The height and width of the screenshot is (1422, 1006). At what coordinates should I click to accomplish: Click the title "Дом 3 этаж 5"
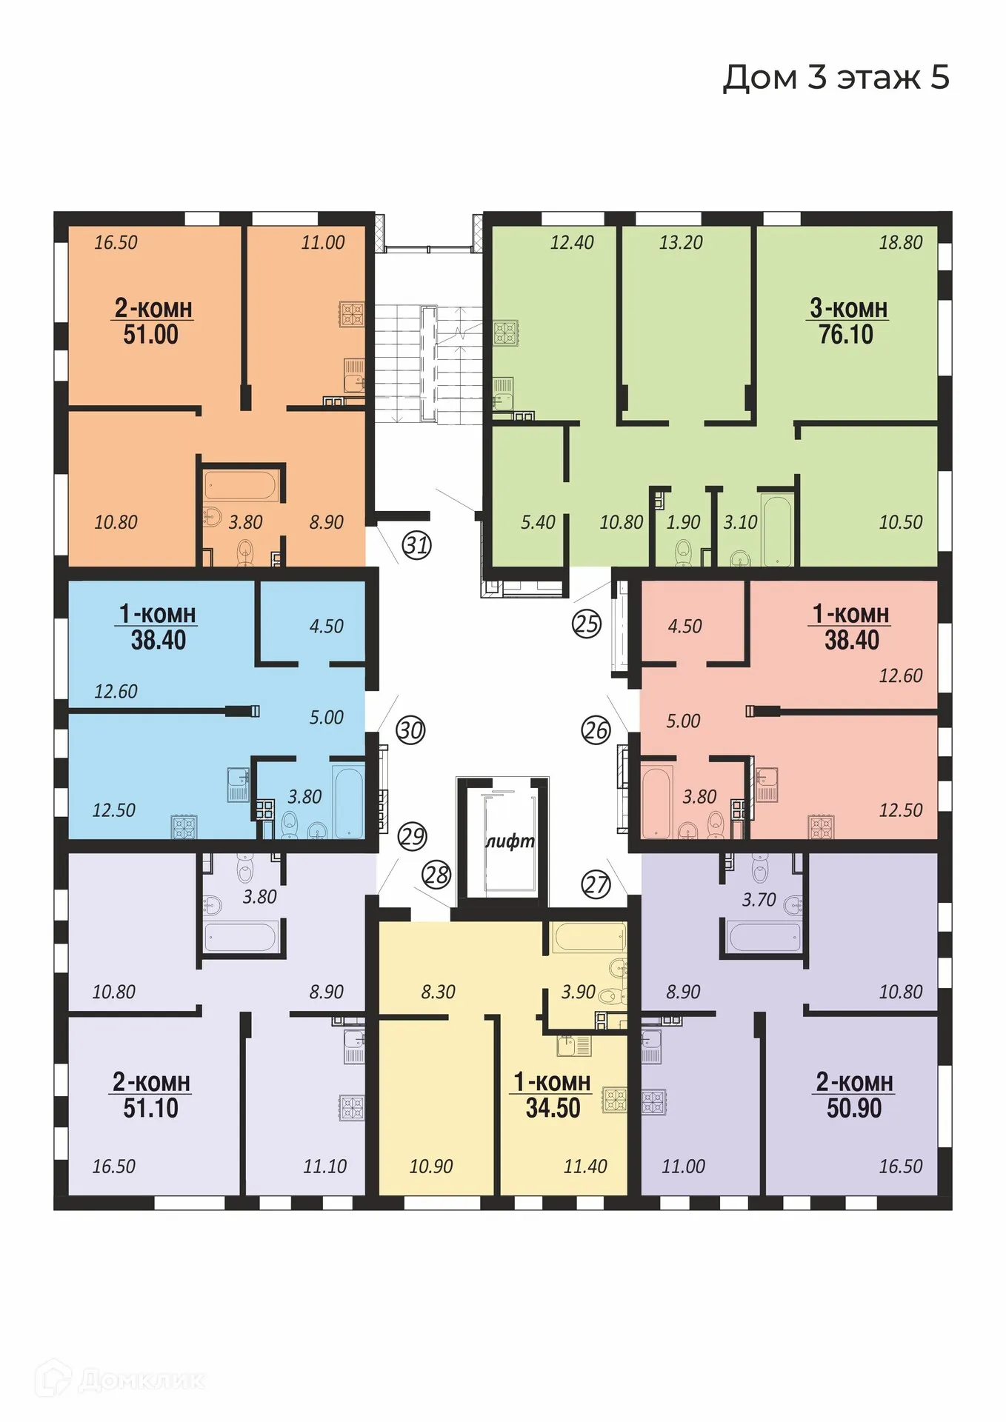[x=836, y=77]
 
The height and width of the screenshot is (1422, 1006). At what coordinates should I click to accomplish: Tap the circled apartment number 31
[x=416, y=545]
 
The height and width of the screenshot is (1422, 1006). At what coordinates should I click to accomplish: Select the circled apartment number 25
[x=587, y=624]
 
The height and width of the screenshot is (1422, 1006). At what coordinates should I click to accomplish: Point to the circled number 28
[x=436, y=875]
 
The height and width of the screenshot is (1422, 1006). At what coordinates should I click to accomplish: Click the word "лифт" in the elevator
[x=510, y=841]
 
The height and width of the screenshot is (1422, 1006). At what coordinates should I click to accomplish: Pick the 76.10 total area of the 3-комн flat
[x=846, y=335]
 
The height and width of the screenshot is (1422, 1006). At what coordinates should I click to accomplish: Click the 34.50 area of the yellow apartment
[x=553, y=1108]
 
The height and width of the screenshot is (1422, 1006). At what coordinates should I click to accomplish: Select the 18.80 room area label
[x=900, y=242]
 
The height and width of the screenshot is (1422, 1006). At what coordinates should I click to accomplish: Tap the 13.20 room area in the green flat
[x=681, y=242]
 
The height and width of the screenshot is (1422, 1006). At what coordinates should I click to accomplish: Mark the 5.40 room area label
[x=538, y=522]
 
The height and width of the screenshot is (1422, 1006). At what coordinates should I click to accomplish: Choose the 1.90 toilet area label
[x=683, y=522]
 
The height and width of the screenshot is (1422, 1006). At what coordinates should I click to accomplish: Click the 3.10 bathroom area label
[x=740, y=522]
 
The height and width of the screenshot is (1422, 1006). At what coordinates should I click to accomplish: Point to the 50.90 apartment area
[x=854, y=1108]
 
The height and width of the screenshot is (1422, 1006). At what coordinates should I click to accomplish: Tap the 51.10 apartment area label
[x=150, y=1108]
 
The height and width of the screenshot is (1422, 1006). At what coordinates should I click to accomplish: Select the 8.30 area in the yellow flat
[x=438, y=992]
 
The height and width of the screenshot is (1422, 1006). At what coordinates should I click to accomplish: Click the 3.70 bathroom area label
[x=759, y=900]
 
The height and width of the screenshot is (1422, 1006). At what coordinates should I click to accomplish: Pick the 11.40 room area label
[x=585, y=1166]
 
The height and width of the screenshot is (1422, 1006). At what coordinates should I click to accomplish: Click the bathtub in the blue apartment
[x=348, y=801]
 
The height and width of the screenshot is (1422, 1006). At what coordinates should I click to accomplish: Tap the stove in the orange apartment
[x=352, y=314]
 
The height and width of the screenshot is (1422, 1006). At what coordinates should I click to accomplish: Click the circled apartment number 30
[x=410, y=730]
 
